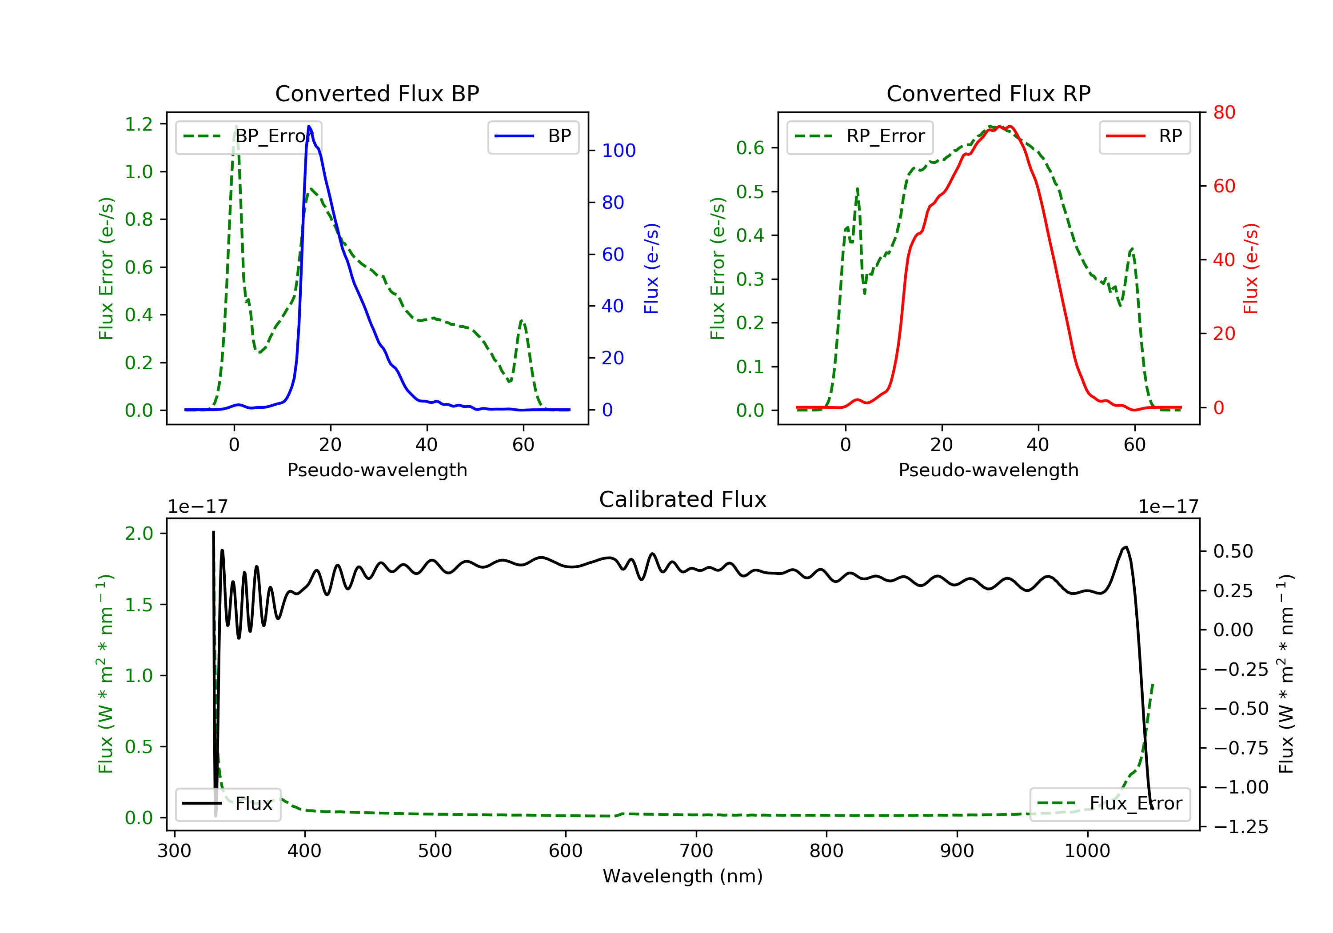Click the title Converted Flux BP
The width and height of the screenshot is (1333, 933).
377,93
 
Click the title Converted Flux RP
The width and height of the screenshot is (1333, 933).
988,93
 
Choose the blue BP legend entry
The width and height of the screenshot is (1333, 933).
533,136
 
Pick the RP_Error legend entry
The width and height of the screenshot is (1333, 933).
860,136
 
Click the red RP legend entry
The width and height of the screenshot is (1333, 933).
1144,136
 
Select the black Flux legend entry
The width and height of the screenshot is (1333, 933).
228,804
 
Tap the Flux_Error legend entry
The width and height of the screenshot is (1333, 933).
1110,804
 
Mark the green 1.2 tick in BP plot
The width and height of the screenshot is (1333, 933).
139,124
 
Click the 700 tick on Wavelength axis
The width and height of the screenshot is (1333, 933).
696,851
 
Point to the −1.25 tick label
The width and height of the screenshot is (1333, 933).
1240,827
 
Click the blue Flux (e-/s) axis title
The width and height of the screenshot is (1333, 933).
651,268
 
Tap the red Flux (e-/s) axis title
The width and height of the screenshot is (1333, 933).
1250,268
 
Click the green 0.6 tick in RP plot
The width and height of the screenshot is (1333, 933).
750,148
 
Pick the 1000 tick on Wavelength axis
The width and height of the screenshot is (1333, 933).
1087,851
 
